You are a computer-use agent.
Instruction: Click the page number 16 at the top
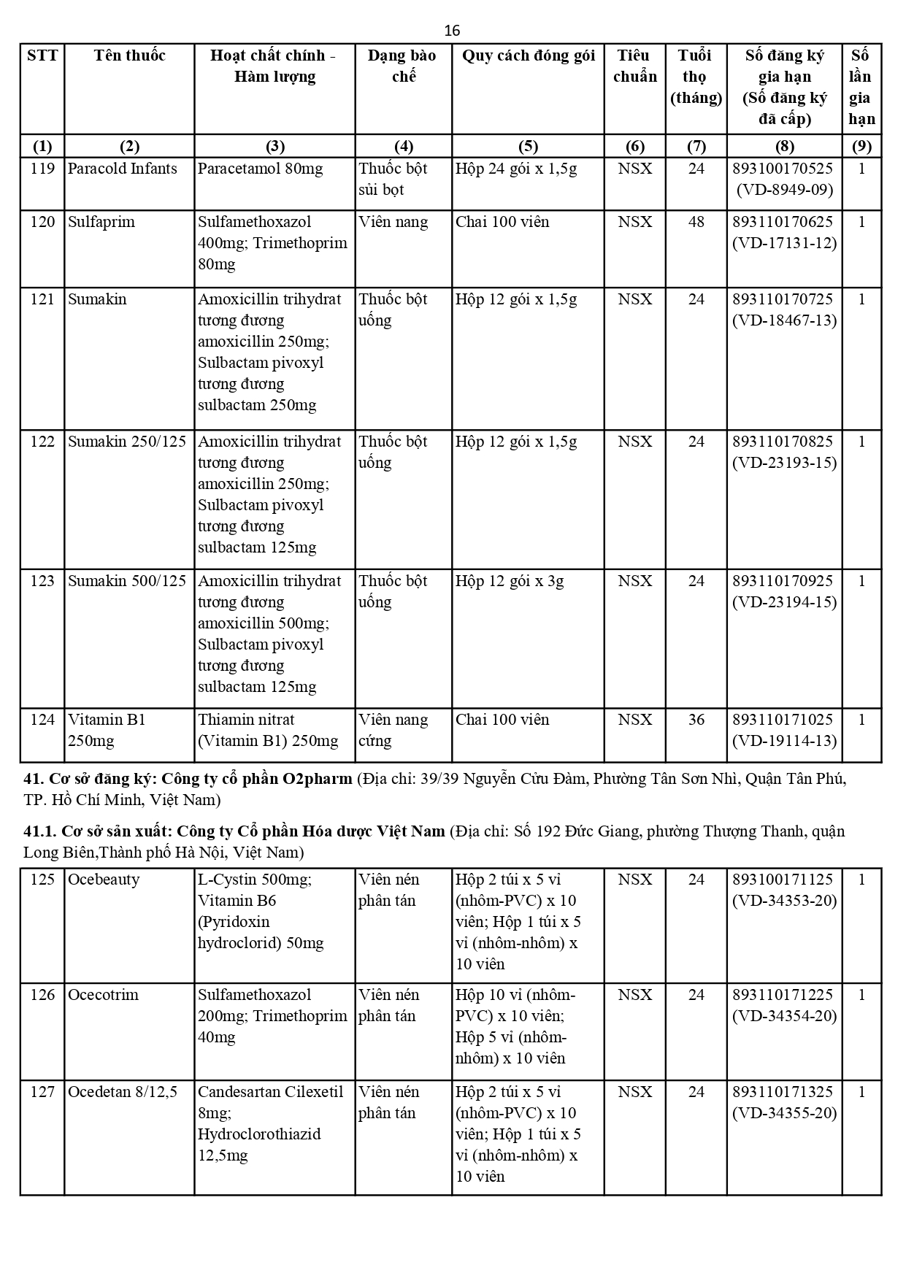pyautogui.click(x=452, y=31)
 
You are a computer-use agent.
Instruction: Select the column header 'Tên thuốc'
pyautogui.click(x=129, y=55)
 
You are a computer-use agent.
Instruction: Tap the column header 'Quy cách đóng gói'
pyautogui.click(x=528, y=55)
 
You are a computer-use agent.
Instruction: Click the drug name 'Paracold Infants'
pyautogui.click(x=122, y=169)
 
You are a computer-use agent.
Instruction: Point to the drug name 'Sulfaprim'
pyautogui.click(x=101, y=222)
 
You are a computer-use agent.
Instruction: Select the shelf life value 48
pyautogui.click(x=696, y=222)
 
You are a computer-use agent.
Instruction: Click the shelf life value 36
pyautogui.click(x=696, y=720)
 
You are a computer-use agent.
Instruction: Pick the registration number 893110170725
pyautogui.click(x=783, y=299)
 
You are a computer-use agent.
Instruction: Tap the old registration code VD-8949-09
pyautogui.click(x=784, y=190)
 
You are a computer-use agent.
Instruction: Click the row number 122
pyautogui.click(x=42, y=442)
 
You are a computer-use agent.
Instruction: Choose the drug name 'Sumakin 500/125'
pyautogui.click(x=126, y=581)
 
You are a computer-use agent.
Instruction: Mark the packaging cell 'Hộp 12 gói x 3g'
pyautogui.click(x=510, y=581)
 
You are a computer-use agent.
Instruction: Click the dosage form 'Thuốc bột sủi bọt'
pyautogui.click(x=393, y=179)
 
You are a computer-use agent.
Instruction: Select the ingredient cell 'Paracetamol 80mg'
pyautogui.click(x=260, y=169)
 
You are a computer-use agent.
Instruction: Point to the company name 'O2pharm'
pyautogui.click(x=317, y=779)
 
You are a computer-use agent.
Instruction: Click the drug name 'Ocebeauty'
pyautogui.click(x=103, y=880)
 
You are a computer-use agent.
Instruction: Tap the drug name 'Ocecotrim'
pyautogui.click(x=103, y=995)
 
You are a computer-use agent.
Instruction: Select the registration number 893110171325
pyautogui.click(x=783, y=1092)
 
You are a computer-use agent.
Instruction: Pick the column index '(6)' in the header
pyautogui.click(x=634, y=146)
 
